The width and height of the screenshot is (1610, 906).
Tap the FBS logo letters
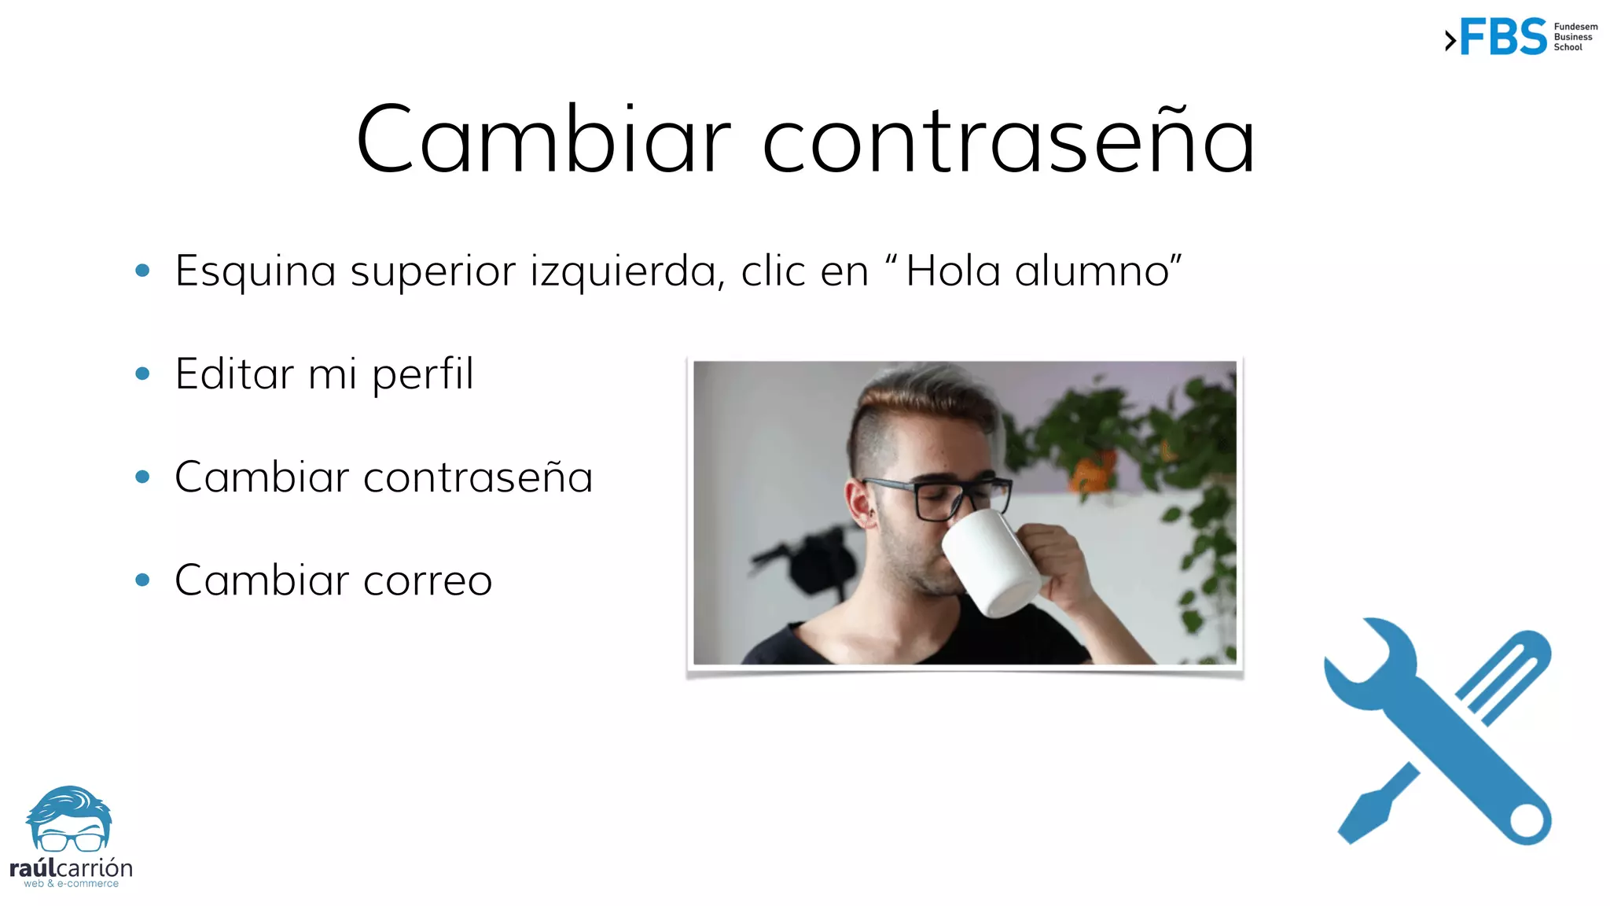(x=1503, y=37)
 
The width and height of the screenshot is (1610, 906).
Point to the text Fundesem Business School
(x=1575, y=37)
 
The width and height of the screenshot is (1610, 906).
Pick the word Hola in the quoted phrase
(x=953, y=271)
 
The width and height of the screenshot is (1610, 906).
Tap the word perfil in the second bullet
(x=423, y=374)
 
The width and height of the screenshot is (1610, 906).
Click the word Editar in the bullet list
(x=234, y=374)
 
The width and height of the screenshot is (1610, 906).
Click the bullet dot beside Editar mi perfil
(x=142, y=374)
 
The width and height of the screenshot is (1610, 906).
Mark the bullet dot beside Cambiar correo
(x=142, y=580)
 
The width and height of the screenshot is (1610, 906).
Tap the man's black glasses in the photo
(x=939, y=495)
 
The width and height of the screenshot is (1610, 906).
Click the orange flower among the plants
(x=1094, y=473)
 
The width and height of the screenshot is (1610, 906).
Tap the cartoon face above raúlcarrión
(x=70, y=822)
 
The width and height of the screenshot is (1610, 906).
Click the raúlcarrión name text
(x=71, y=868)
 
